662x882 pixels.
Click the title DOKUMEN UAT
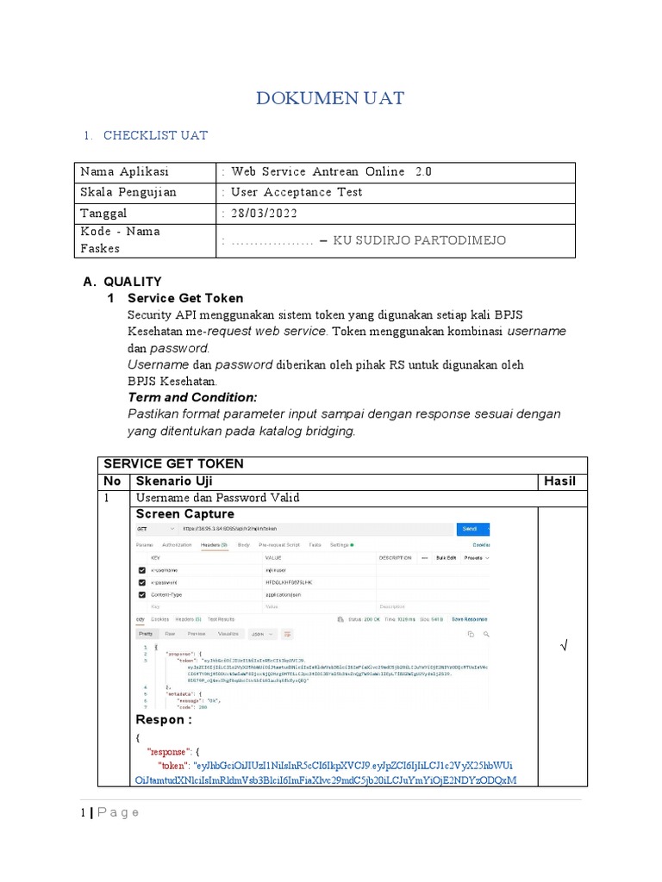(330, 98)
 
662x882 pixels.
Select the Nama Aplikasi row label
(124, 172)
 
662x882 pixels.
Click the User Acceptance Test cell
(296, 193)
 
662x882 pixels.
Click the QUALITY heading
(133, 282)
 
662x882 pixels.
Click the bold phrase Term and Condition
(192, 397)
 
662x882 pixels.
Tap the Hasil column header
(559, 481)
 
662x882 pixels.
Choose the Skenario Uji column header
(171, 481)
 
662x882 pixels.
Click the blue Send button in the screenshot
(469, 528)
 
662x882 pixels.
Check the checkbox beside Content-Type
(141, 594)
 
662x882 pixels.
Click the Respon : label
(160, 720)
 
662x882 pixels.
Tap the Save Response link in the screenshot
(469, 618)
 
